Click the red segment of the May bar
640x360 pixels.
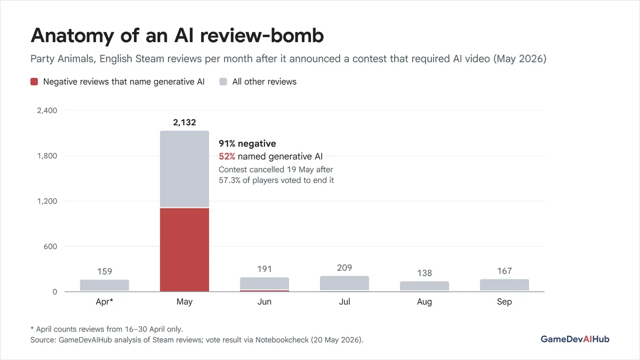pyautogui.click(x=185, y=250)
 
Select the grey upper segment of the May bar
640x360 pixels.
pyautogui.click(x=185, y=169)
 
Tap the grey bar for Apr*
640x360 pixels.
pyautogui.click(x=105, y=285)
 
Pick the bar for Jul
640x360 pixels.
pyautogui.click(x=345, y=283)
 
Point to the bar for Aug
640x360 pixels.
pyautogui.click(x=425, y=286)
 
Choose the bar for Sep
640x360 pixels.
pyautogui.click(x=505, y=285)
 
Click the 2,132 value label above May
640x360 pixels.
pyautogui.click(x=185, y=122)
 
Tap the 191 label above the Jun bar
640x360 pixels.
pyautogui.click(x=265, y=269)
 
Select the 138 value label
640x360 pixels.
pyautogui.click(x=425, y=273)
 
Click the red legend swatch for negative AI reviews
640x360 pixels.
pyautogui.click(x=34, y=82)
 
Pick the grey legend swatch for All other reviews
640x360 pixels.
pyautogui.click(x=223, y=82)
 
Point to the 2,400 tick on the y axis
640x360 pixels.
pyautogui.click(x=47, y=110)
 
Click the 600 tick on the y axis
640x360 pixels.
pyautogui.click(x=50, y=246)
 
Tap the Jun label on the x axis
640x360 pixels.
pyautogui.click(x=265, y=301)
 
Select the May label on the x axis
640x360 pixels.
pyautogui.click(x=185, y=302)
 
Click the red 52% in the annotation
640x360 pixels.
pyautogui.click(x=227, y=156)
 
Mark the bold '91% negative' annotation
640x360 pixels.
pyautogui.click(x=247, y=143)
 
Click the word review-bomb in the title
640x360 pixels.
pyautogui.click(x=262, y=35)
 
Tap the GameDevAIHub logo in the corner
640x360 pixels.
pyautogui.click(x=575, y=339)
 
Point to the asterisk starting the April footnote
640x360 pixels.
pyautogui.click(x=32, y=328)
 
